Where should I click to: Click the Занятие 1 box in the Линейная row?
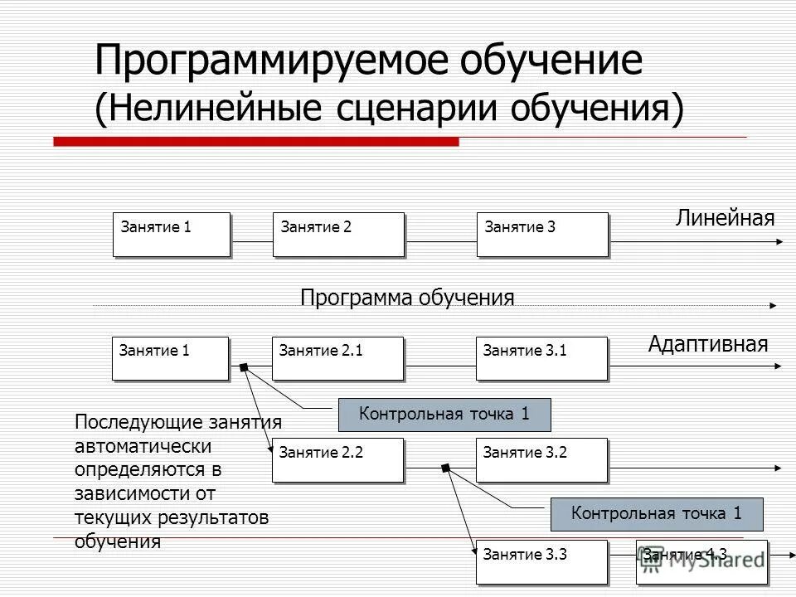pyautogui.click(x=170, y=234)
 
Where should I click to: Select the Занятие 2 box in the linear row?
pyautogui.click(x=338, y=234)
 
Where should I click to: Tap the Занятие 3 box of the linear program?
pyautogui.click(x=542, y=234)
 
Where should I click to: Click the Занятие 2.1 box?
pyautogui.click(x=337, y=358)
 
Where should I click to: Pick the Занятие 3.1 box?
pyautogui.click(x=541, y=358)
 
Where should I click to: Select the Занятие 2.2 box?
pyautogui.click(x=337, y=459)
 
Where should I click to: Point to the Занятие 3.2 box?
pyautogui.click(x=541, y=459)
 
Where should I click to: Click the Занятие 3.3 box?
pyautogui.click(x=541, y=561)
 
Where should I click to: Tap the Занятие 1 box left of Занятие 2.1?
pyautogui.click(x=170, y=358)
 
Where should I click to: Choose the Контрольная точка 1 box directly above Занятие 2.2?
pyautogui.click(x=444, y=415)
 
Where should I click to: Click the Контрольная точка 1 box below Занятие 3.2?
pyautogui.click(x=657, y=514)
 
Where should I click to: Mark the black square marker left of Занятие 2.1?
pyautogui.click(x=243, y=367)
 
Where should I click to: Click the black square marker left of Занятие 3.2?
pyautogui.click(x=445, y=469)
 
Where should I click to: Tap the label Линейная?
pyautogui.click(x=725, y=219)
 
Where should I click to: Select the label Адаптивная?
pyautogui.click(x=708, y=344)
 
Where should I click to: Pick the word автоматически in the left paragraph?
pyautogui.click(x=143, y=446)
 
